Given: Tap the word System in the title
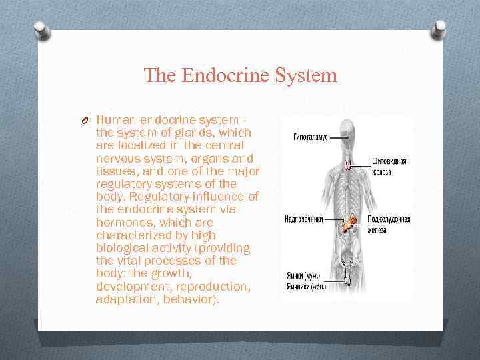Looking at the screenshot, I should (x=309, y=75).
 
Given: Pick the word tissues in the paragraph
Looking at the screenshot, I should (x=115, y=171).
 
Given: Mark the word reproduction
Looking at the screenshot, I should (x=213, y=287).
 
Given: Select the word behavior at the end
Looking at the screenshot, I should (x=193, y=299).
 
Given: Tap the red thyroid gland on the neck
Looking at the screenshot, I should (x=347, y=163).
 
